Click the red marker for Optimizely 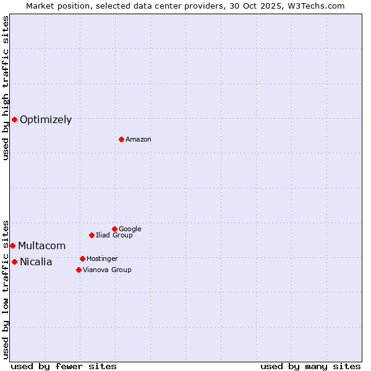pos(14,119)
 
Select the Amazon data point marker pos(121,139)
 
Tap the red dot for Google pos(114,229)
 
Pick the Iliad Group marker pos(92,235)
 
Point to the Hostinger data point pos(82,258)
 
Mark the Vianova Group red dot pos(79,270)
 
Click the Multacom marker pos(12,245)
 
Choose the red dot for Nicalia pos(14,262)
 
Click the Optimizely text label pos(46,120)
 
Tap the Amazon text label pos(139,140)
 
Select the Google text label pos(130,229)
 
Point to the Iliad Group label pos(114,236)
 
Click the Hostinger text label pos(102,259)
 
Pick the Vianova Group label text pos(107,270)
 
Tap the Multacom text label pos(41,246)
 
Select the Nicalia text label pos(36,262)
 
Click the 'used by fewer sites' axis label pos(64,366)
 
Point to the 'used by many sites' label pos(310,366)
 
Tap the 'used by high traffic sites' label pos(6,88)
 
